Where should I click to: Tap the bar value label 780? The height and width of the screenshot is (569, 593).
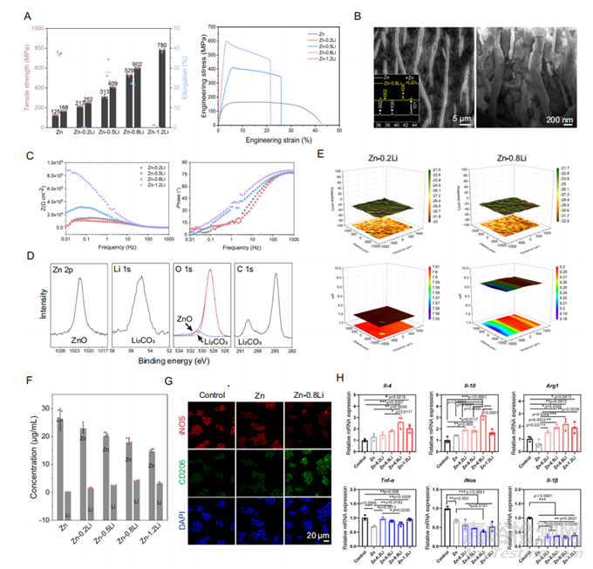(x=162, y=45)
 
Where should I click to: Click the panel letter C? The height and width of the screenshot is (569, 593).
(x=31, y=157)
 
